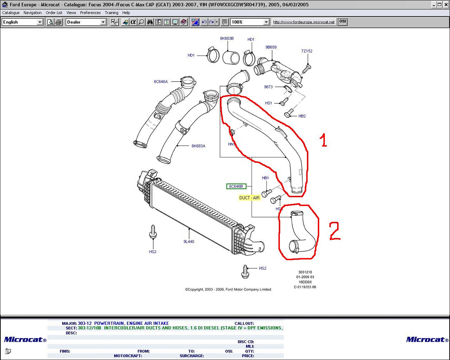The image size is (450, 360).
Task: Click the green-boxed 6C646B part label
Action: click(x=236, y=186)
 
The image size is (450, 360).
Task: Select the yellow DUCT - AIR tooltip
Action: click(x=249, y=198)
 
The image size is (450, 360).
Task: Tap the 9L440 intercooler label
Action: click(x=189, y=242)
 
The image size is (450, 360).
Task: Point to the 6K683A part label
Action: click(x=198, y=146)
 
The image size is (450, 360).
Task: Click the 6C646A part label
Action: click(x=161, y=82)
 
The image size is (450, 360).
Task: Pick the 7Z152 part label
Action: click(x=307, y=51)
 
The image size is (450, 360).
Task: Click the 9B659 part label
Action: click(x=271, y=47)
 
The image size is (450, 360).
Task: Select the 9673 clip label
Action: click(x=268, y=87)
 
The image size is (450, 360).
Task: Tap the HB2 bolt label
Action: click(x=302, y=116)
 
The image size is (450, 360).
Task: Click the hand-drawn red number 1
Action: click(x=323, y=140)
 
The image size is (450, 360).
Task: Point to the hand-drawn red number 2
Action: click(x=335, y=231)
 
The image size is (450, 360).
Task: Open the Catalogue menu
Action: click(x=11, y=13)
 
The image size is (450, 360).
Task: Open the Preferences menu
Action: click(x=90, y=13)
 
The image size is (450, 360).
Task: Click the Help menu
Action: click(x=126, y=13)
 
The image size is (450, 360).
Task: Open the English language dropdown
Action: click(x=22, y=22)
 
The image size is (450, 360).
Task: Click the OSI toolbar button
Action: click(x=342, y=21)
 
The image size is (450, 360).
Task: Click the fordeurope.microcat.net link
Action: click(x=304, y=22)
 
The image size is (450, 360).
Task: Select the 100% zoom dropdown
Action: click(x=250, y=22)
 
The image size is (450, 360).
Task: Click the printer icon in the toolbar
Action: click(x=58, y=22)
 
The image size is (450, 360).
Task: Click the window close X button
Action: click(x=446, y=5)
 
